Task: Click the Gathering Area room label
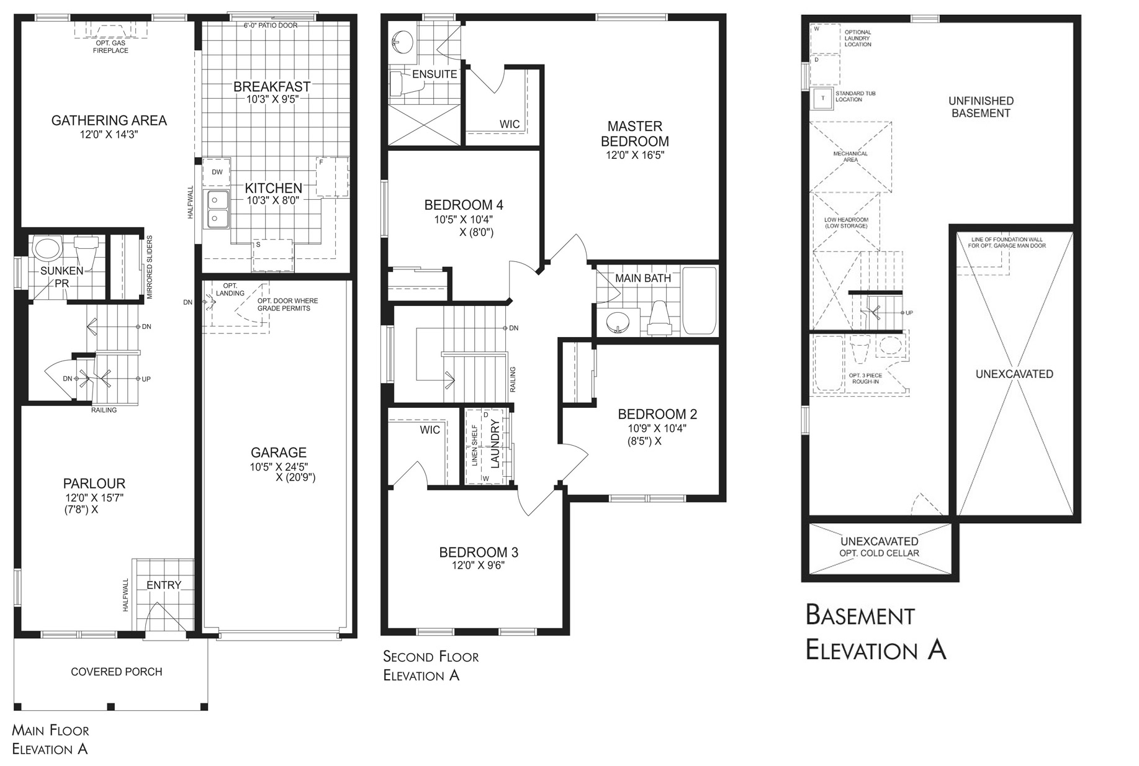tap(109, 120)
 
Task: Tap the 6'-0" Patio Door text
tap(270, 25)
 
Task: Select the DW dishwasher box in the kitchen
tap(217, 172)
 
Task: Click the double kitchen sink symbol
tap(217, 209)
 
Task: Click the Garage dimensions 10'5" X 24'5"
tap(279, 466)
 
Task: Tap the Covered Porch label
tap(116, 672)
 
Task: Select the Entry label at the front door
tap(164, 585)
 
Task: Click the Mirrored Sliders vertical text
tap(150, 268)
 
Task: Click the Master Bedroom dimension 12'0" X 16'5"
tap(635, 155)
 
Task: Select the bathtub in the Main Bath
tap(700, 300)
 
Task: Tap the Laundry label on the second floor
tap(495, 443)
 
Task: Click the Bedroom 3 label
tap(478, 552)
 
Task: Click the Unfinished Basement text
tap(981, 107)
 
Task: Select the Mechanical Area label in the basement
tap(850, 156)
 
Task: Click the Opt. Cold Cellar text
tap(879, 553)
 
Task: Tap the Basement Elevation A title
tap(875, 633)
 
